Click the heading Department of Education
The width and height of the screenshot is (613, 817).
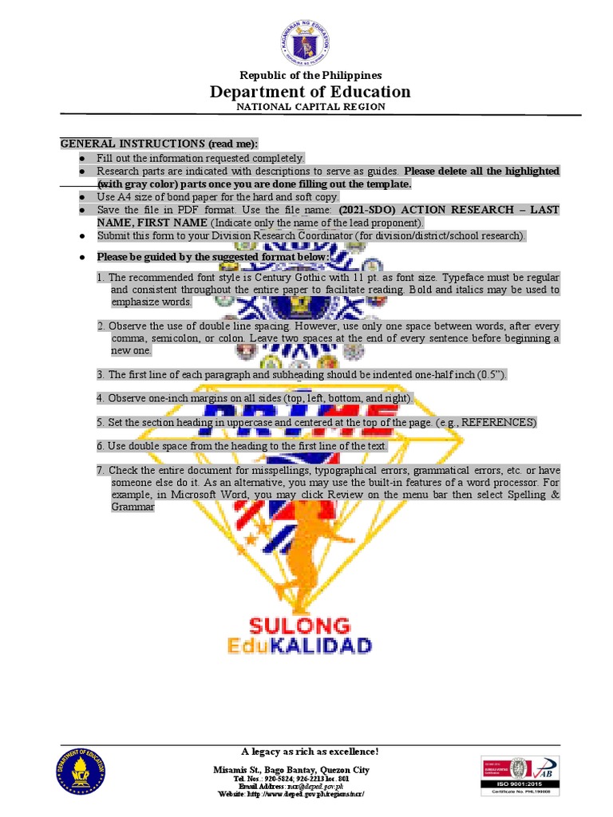click(x=310, y=92)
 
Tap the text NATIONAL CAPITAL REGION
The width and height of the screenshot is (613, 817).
click(x=310, y=107)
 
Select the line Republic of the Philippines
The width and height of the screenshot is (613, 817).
click(x=310, y=75)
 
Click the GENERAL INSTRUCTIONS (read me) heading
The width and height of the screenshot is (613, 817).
click(x=160, y=143)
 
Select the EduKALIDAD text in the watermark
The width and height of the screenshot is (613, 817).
click(x=310, y=645)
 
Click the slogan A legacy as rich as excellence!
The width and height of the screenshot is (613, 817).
click(x=310, y=752)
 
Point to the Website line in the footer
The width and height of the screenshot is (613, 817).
click(x=295, y=795)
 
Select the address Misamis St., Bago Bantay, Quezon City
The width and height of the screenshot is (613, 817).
click(x=303, y=769)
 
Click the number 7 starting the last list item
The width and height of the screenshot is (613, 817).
click(x=101, y=470)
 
